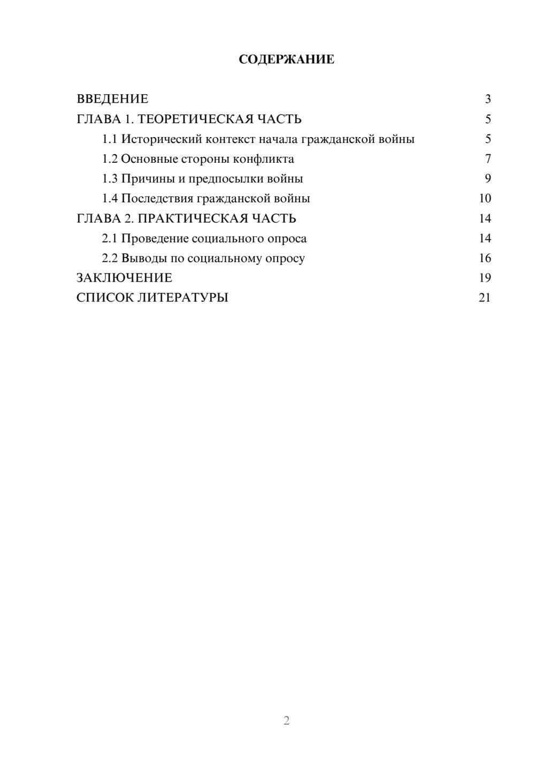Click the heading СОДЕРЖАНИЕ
[286, 59]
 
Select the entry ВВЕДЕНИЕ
[112, 99]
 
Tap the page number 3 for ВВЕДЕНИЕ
[487, 99]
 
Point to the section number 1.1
[110, 139]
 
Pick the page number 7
[487, 159]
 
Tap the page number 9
[487, 179]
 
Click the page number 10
[485, 199]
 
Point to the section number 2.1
[110, 238]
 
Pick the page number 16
[485, 258]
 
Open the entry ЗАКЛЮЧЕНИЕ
[124, 278]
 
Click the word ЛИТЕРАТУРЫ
[183, 298]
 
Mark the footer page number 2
[286, 721]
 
